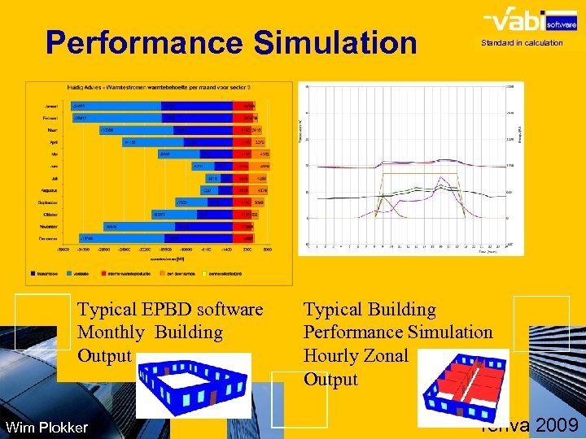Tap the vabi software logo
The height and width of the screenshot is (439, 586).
pyautogui.click(x=524, y=20)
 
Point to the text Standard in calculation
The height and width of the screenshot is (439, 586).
pyautogui.click(x=522, y=43)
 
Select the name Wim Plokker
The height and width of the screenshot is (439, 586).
pyautogui.click(x=46, y=427)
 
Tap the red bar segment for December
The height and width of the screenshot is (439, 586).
pyautogui.click(x=245, y=238)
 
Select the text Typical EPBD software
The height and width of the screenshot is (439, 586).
pyautogui.click(x=170, y=310)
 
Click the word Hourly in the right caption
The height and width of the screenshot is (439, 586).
pyautogui.click(x=333, y=355)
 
